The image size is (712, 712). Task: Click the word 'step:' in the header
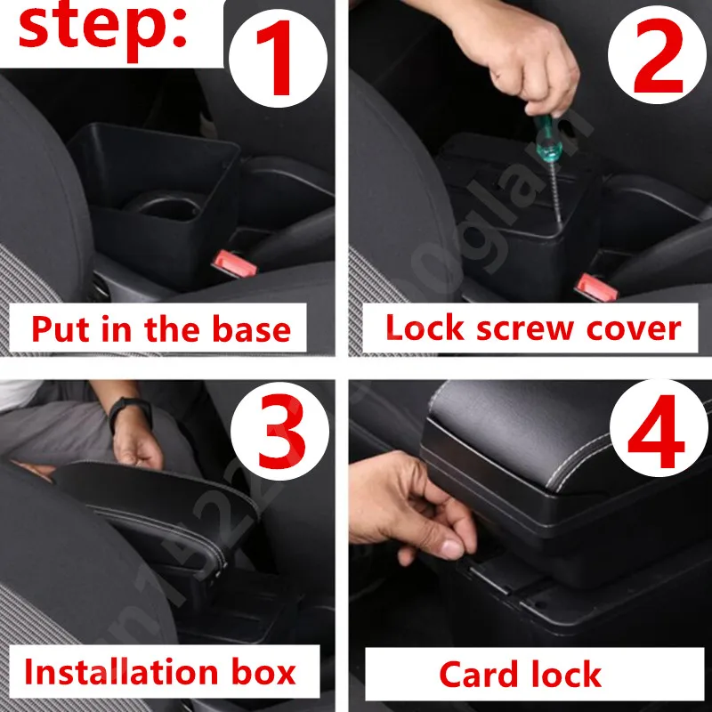(102, 28)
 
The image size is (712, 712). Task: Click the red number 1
(280, 60)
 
